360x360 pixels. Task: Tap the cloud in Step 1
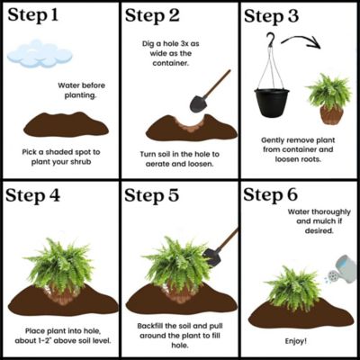tap(38, 54)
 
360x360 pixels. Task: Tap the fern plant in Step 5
tap(179, 261)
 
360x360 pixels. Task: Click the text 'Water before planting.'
tap(75, 89)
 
